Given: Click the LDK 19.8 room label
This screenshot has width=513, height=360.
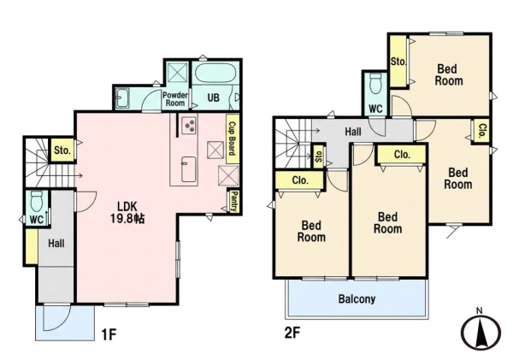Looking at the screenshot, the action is (127, 212).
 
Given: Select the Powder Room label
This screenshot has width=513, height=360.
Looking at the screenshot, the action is (175, 99).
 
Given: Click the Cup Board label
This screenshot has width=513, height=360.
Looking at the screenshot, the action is (233, 139).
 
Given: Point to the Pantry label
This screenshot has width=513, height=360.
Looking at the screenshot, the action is (234, 201).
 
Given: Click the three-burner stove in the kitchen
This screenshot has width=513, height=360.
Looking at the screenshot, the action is (190, 125).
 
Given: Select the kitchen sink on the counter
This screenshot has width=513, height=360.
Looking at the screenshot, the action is (189, 168).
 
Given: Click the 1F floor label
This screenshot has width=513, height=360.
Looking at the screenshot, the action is (109, 334).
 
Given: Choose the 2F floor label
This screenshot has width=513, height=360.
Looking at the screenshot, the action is (292, 333).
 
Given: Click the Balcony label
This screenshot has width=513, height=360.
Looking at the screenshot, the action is (357, 299).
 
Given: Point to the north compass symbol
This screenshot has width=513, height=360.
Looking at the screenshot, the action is (481, 331).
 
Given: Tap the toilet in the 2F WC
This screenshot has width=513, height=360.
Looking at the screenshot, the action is (375, 83).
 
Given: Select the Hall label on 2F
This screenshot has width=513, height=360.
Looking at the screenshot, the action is (353, 132).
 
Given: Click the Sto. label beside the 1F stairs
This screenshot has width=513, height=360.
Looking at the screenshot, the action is (62, 150).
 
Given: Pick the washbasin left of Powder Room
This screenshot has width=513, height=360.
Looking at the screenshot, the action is (123, 97).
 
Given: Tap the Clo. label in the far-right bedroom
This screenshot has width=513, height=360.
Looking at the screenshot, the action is (482, 132).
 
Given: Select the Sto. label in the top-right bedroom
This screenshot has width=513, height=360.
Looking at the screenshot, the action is (398, 62).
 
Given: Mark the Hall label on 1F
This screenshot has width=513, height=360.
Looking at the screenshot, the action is (56, 244).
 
